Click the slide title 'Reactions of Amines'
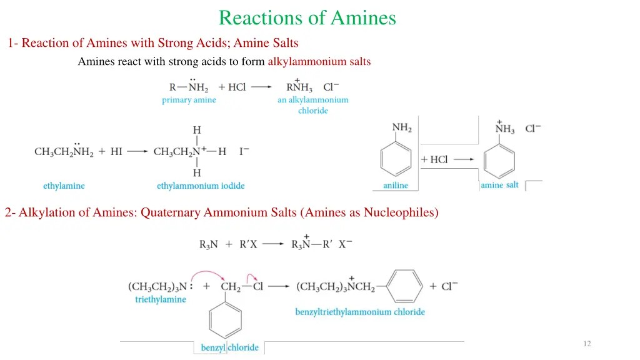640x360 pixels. coord(307,17)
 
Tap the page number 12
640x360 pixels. coord(586,344)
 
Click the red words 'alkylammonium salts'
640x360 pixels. coord(319,61)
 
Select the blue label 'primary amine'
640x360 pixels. coord(189,100)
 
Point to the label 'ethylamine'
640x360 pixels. coord(64,186)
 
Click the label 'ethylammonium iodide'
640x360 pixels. coord(201,186)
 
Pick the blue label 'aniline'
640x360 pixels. coord(396,186)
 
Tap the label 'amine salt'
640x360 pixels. coord(500,185)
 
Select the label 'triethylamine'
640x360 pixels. coord(161,299)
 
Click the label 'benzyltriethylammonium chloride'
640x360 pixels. coord(360,311)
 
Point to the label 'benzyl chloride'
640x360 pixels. coord(229,347)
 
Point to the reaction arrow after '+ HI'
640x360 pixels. coord(137,152)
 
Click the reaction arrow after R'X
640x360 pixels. coord(272,244)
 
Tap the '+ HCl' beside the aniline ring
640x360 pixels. coord(434,159)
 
